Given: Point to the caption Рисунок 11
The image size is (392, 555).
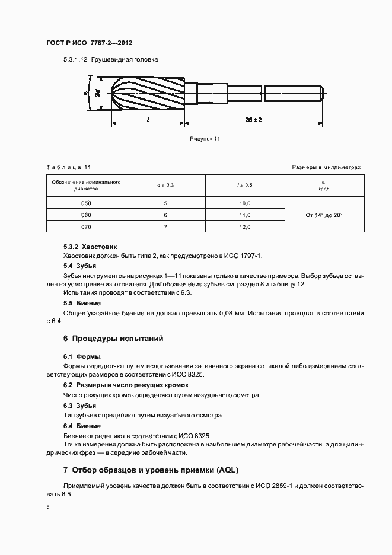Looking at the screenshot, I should pos(205,138).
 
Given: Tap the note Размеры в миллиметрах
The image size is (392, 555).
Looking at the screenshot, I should pos(326,167).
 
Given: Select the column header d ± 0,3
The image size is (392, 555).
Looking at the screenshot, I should pos(165,186).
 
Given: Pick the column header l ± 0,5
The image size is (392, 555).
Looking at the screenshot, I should pos(244,186).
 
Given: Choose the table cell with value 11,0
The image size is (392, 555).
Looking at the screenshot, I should pos(244,215).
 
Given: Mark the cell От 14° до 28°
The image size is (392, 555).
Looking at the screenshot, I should pos(324,215).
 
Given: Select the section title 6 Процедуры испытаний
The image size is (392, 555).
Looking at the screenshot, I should pos(113,339).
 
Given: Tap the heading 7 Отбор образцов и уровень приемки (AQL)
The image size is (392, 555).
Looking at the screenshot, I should pos(151,470).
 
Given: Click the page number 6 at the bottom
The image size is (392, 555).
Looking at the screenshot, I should pos(49,508).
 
